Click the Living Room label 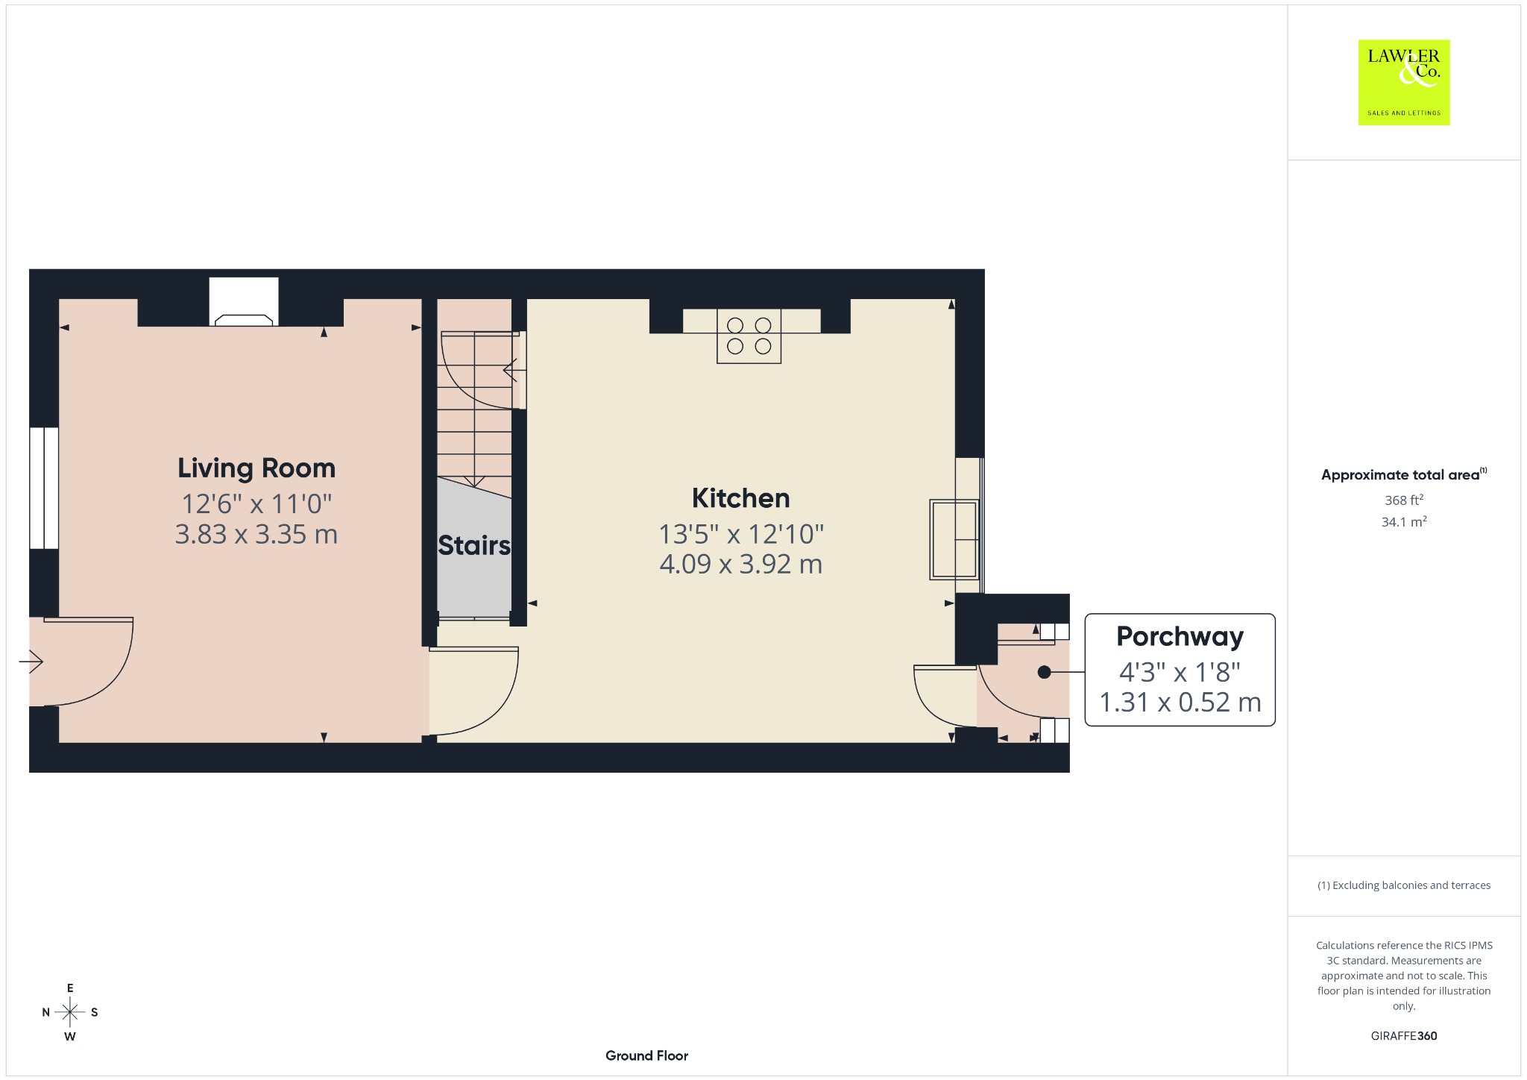point(256,468)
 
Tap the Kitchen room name point(740,498)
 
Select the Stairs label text point(474,545)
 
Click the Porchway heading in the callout point(1180,637)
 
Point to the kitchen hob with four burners point(749,336)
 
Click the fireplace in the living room point(244,302)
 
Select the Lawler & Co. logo point(1404,82)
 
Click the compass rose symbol point(70,1012)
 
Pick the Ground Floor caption point(646,1055)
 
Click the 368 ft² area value point(1404,500)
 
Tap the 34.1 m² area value point(1404,521)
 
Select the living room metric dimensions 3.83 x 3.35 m point(256,534)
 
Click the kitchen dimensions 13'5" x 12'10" point(740,534)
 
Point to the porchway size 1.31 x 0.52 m point(1180,702)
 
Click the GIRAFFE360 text point(1404,1035)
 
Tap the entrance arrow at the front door point(31,662)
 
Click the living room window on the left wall point(44,488)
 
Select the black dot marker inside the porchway point(1045,672)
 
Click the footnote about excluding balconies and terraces point(1404,885)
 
